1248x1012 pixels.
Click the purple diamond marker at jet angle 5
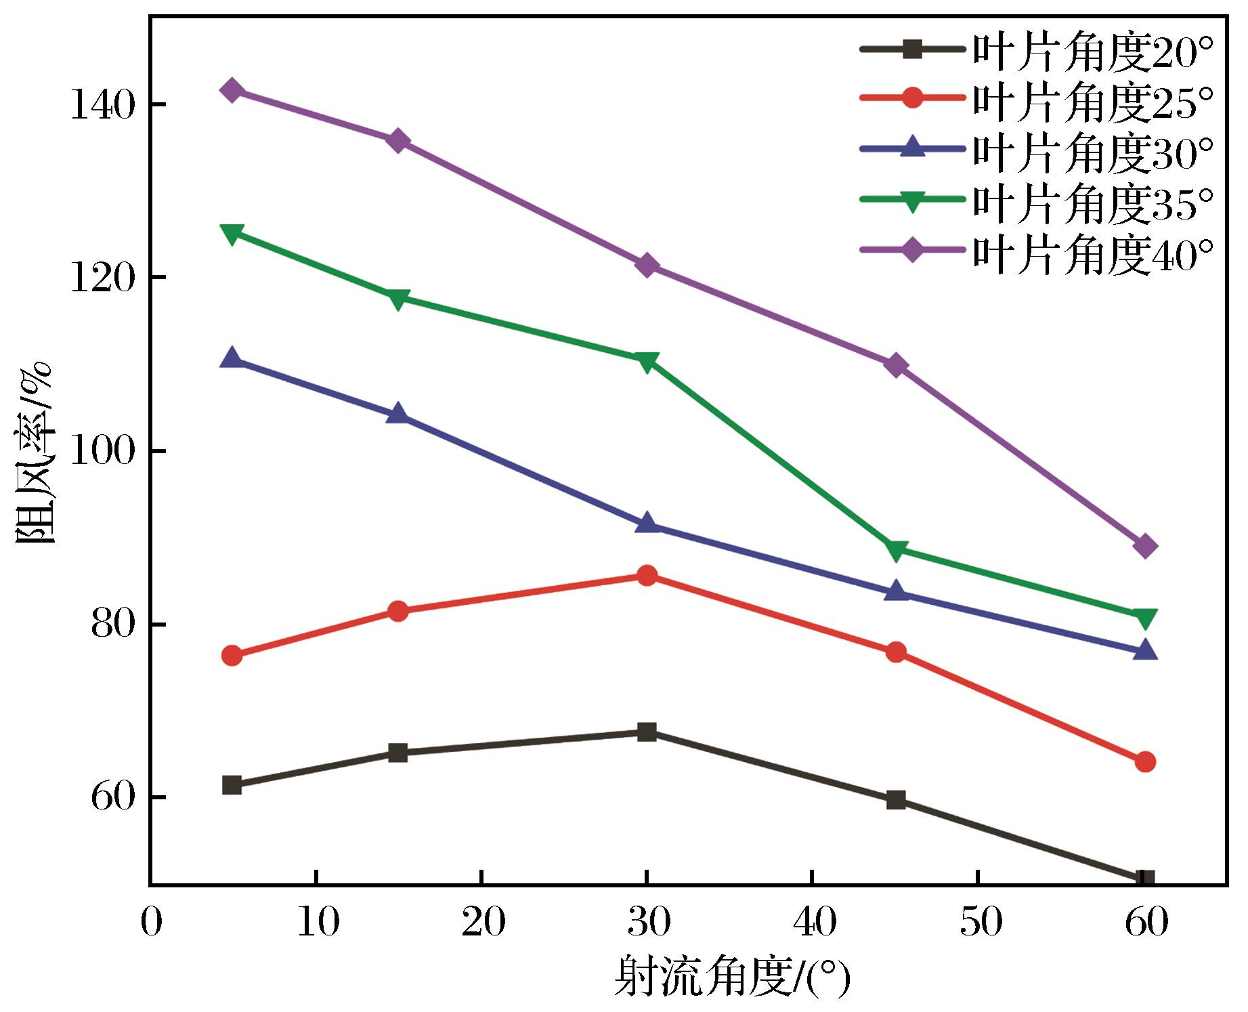tap(232, 90)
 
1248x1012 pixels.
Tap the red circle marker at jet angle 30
tap(647, 576)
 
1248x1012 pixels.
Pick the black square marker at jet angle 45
tap(896, 800)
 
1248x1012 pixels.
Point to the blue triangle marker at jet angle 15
tap(398, 414)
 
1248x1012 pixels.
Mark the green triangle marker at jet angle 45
tap(896, 551)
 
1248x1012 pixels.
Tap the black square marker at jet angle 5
tap(232, 785)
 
